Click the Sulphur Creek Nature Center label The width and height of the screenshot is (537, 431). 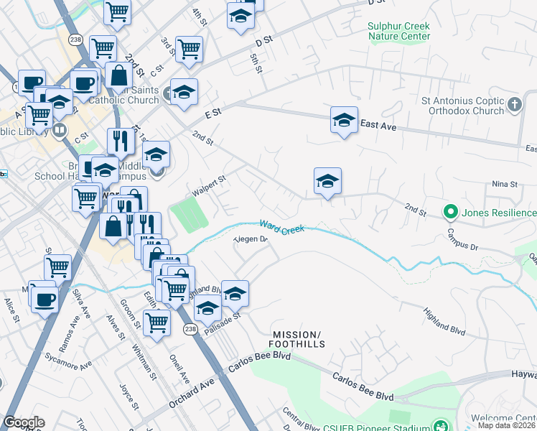point(399,31)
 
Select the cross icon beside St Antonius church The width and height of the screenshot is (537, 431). point(514,106)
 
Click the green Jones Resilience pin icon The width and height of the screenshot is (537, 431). point(450,213)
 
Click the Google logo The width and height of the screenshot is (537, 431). point(24,422)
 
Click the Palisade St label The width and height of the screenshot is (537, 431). point(221,325)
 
